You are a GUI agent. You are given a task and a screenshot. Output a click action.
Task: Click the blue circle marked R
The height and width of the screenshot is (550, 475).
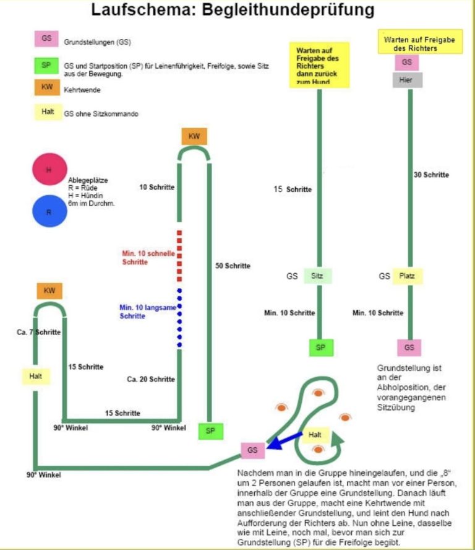(x=49, y=211)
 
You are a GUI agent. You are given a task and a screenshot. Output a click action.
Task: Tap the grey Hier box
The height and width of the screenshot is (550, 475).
(x=406, y=80)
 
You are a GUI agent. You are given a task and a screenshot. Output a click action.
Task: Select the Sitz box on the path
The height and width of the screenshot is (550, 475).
(x=318, y=276)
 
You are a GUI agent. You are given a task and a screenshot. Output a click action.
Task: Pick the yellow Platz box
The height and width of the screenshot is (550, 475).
(x=408, y=276)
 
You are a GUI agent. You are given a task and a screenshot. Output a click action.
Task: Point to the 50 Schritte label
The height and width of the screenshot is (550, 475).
(x=233, y=266)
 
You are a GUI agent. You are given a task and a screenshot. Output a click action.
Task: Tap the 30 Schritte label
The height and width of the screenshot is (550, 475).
(x=431, y=175)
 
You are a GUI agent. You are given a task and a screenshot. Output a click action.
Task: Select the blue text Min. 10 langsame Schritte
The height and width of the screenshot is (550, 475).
(x=142, y=312)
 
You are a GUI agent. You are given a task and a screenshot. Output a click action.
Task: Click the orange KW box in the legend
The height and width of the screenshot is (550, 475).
(x=47, y=87)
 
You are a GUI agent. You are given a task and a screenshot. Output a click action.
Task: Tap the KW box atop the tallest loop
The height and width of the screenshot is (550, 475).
(x=194, y=137)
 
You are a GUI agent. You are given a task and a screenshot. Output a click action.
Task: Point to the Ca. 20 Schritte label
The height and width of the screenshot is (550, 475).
(x=151, y=379)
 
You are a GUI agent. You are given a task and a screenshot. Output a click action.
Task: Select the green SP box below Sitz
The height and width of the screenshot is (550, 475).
(x=320, y=347)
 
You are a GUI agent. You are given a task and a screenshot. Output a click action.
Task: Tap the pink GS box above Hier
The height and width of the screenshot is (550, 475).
(x=406, y=62)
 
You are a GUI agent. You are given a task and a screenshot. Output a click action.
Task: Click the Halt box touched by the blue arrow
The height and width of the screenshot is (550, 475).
(x=315, y=435)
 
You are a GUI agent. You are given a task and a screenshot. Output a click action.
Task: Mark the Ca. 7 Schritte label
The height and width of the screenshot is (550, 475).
(x=38, y=332)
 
